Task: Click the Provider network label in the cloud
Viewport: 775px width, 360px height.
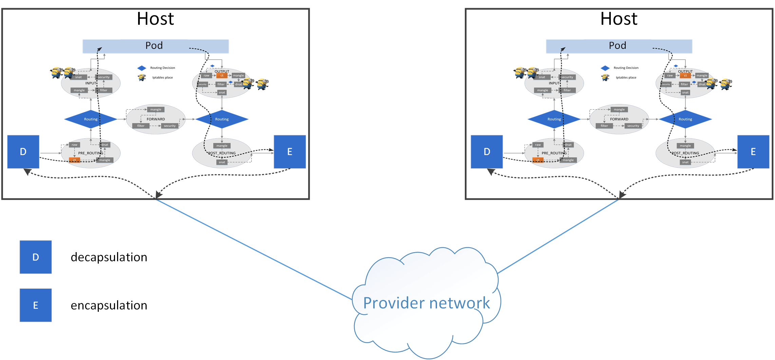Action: pos(426,303)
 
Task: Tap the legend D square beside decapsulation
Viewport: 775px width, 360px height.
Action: pos(36,257)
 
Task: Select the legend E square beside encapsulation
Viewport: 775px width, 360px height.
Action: pos(36,305)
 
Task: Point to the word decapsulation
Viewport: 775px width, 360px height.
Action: pos(109,258)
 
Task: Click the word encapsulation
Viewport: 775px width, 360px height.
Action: pos(109,306)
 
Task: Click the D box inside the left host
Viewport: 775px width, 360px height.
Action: pos(23,152)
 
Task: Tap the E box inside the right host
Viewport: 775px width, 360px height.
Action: pos(753,152)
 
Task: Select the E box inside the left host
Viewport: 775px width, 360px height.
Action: pos(290,152)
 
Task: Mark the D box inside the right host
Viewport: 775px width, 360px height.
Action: pos(487,152)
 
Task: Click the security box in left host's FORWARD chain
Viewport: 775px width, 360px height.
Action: pos(170,126)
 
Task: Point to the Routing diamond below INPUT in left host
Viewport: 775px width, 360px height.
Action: pos(91,119)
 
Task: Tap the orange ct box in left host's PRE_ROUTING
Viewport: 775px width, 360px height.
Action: pos(74,160)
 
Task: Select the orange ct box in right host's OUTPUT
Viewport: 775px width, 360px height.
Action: pos(685,76)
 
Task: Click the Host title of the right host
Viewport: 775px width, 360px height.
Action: pos(620,19)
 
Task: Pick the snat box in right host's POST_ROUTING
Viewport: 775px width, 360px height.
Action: pos(685,162)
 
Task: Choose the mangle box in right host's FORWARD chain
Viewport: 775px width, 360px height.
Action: pos(619,110)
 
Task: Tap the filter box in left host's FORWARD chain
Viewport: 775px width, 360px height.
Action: pos(141,126)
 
